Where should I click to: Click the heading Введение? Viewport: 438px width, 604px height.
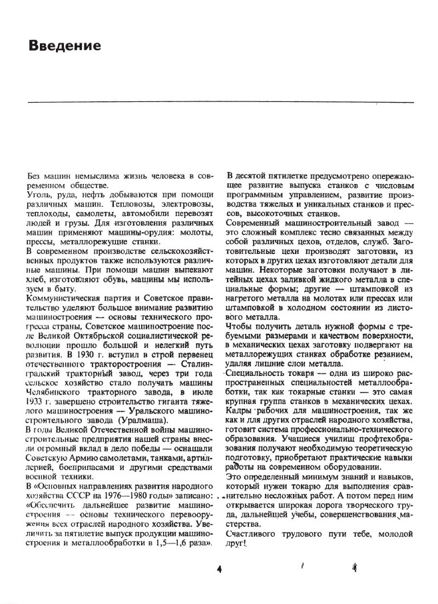coord(65,46)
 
